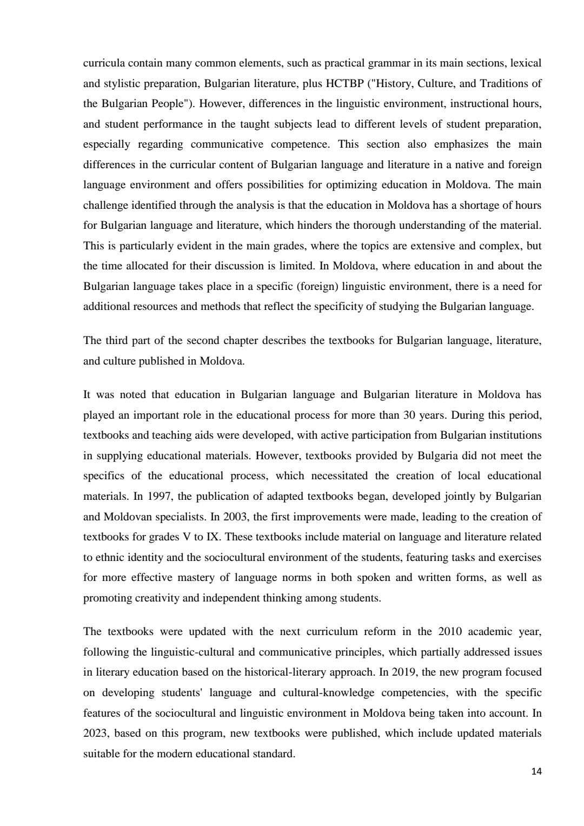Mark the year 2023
pos(96,733)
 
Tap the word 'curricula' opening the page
pos(104,63)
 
